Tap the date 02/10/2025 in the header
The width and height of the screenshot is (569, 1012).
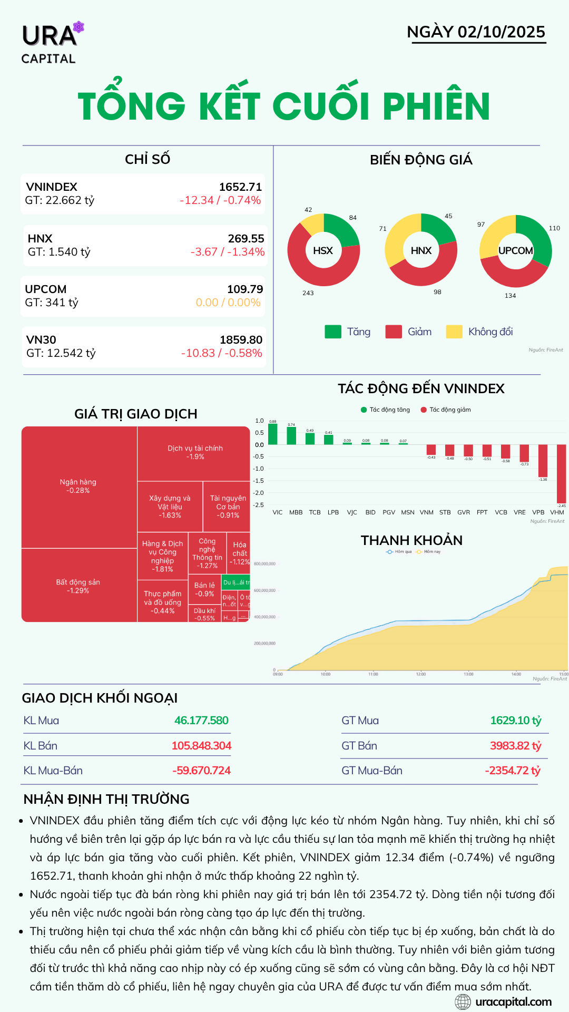point(501,32)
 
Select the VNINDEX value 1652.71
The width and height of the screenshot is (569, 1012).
point(240,187)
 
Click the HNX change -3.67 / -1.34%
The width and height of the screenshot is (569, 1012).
point(227,252)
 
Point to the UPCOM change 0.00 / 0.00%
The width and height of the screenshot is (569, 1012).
point(228,303)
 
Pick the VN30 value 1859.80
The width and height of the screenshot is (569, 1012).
point(241,340)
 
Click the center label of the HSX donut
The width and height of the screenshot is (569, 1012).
point(323,251)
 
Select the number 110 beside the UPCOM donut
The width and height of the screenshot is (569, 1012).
point(554,228)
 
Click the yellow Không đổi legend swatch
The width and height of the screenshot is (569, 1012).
point(454,332)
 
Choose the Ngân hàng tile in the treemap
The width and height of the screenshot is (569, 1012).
point(78,486)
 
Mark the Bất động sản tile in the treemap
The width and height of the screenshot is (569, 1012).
point(78,586)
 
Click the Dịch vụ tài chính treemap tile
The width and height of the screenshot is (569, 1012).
point(195,452)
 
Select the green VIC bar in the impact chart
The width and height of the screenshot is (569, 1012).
point(273,434)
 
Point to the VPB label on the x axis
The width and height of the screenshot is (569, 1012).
point(538,512)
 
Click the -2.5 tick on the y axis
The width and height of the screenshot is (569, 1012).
point(259,505)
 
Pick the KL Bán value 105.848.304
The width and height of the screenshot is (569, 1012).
point(201,746)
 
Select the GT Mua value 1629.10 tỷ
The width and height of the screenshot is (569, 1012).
point(515,721)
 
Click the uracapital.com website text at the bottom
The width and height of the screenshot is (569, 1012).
point(513,1002)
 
